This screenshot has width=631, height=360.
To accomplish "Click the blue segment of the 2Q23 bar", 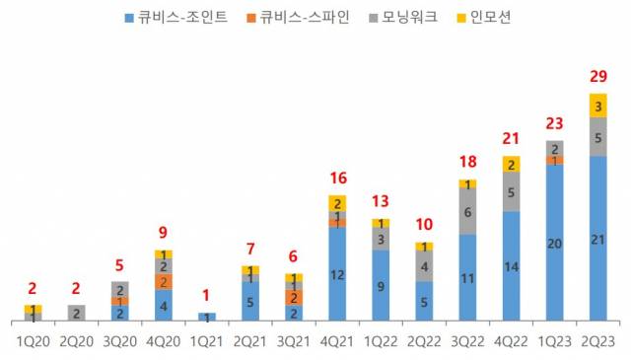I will [597, 238].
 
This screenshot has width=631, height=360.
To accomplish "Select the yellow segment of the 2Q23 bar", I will [597, 105].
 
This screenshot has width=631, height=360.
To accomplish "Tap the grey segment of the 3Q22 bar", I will [467, 211].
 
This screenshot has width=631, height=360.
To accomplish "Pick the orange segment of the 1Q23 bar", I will [554, 161].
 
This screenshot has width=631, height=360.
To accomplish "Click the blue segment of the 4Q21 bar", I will [337, 273].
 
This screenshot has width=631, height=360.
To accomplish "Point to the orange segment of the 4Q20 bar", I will [164, 281].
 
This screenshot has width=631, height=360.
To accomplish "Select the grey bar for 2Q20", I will [77, 313].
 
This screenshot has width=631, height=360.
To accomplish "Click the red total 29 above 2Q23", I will [597, 76].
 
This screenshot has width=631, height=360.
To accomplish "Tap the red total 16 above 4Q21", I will [337, 179].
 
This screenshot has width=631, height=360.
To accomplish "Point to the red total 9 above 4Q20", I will [164, 234].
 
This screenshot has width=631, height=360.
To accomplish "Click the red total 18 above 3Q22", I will [467, 162].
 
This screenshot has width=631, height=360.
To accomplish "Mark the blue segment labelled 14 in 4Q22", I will [511, 265].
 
